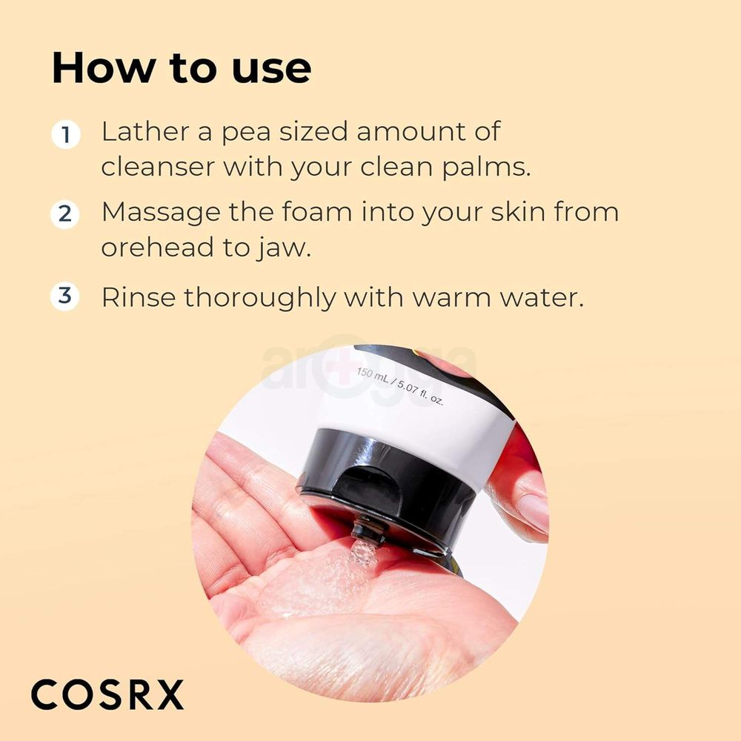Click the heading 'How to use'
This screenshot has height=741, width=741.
(182, 68)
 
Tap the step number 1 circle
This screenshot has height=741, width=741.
(66, 136)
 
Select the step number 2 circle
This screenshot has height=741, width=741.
(66, 215)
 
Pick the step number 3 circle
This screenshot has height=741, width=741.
(66, 296)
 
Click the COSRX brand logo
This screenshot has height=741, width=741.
(107, 695)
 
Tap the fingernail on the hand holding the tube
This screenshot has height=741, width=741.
(531, 511)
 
